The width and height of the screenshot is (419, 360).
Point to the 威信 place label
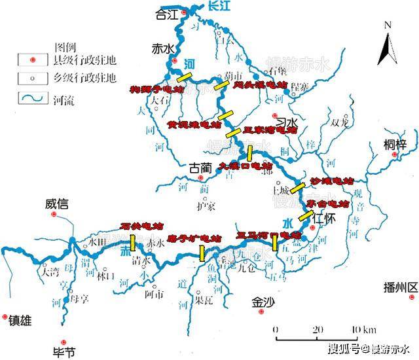click(58, 204)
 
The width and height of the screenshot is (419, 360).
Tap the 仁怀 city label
click(325, 219)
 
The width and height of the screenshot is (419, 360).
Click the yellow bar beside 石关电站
click(133, 243)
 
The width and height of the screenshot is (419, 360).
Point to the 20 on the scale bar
click(316, 329)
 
